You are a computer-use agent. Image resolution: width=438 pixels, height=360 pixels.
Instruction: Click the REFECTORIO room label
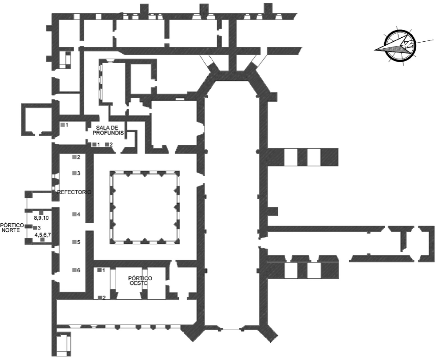tap(75, 193)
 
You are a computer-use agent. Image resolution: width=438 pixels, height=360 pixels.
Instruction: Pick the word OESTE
tap(140, 284)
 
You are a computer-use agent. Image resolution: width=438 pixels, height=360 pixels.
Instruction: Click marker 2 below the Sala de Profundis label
tap(107, 144)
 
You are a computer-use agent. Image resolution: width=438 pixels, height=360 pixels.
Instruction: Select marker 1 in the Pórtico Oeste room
tap(99, 270)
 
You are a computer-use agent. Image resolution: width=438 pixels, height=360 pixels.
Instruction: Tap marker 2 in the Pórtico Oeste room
tap(99, 297)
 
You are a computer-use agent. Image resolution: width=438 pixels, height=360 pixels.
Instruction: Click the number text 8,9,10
tap(41, 219)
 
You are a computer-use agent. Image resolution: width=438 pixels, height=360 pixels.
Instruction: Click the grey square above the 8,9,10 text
tap(41, 212)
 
